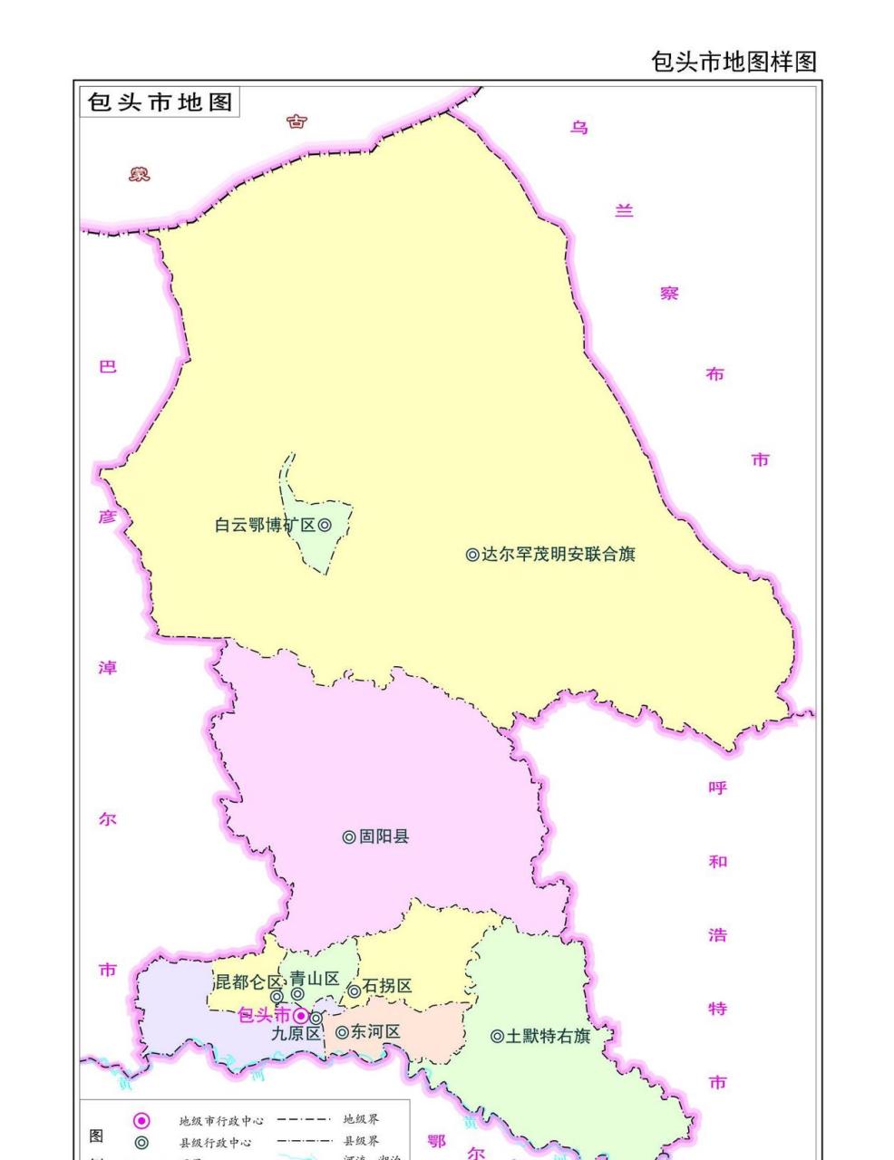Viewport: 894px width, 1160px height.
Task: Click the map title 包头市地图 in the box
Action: click(x=160, y=101)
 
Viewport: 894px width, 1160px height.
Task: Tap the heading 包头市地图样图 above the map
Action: click(x=734, y=62)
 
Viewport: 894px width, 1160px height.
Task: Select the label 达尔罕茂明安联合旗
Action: click(x=558, y=554)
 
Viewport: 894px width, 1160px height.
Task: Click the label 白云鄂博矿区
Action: click(x=265, y=525)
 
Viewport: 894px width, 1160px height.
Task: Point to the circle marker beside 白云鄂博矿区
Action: click(x=324, y=525)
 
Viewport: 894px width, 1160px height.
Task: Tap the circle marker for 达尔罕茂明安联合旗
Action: click(x=472, y=555)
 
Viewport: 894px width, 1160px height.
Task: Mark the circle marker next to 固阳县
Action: click(x=349, y=837)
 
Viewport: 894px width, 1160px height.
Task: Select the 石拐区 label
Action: click(x=387, y=986)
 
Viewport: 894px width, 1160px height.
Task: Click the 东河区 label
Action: click(x=375, y=1031)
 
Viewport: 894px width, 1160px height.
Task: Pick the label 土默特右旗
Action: click(x=548, y=1036)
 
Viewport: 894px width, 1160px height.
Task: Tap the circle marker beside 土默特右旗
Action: click(x=497, y=1036)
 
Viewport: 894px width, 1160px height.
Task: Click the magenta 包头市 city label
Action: click(x=264, y=1015)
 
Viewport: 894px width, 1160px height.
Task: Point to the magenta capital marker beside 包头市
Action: click(x=300, y=1016)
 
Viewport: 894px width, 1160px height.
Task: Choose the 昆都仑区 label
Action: click(x=248, y=982)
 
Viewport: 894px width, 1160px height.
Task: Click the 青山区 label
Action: click(x=315, y=979)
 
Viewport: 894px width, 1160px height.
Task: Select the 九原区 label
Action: click(x=296, y=1033)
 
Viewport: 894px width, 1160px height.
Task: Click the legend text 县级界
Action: click(x=361, y=1141)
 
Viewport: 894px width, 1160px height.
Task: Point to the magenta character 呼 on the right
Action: click(x=717, y=788)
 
